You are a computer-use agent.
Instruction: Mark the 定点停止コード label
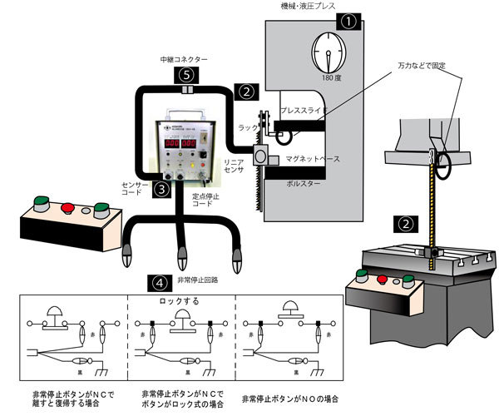pyautogui.click(x=206, y=199)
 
